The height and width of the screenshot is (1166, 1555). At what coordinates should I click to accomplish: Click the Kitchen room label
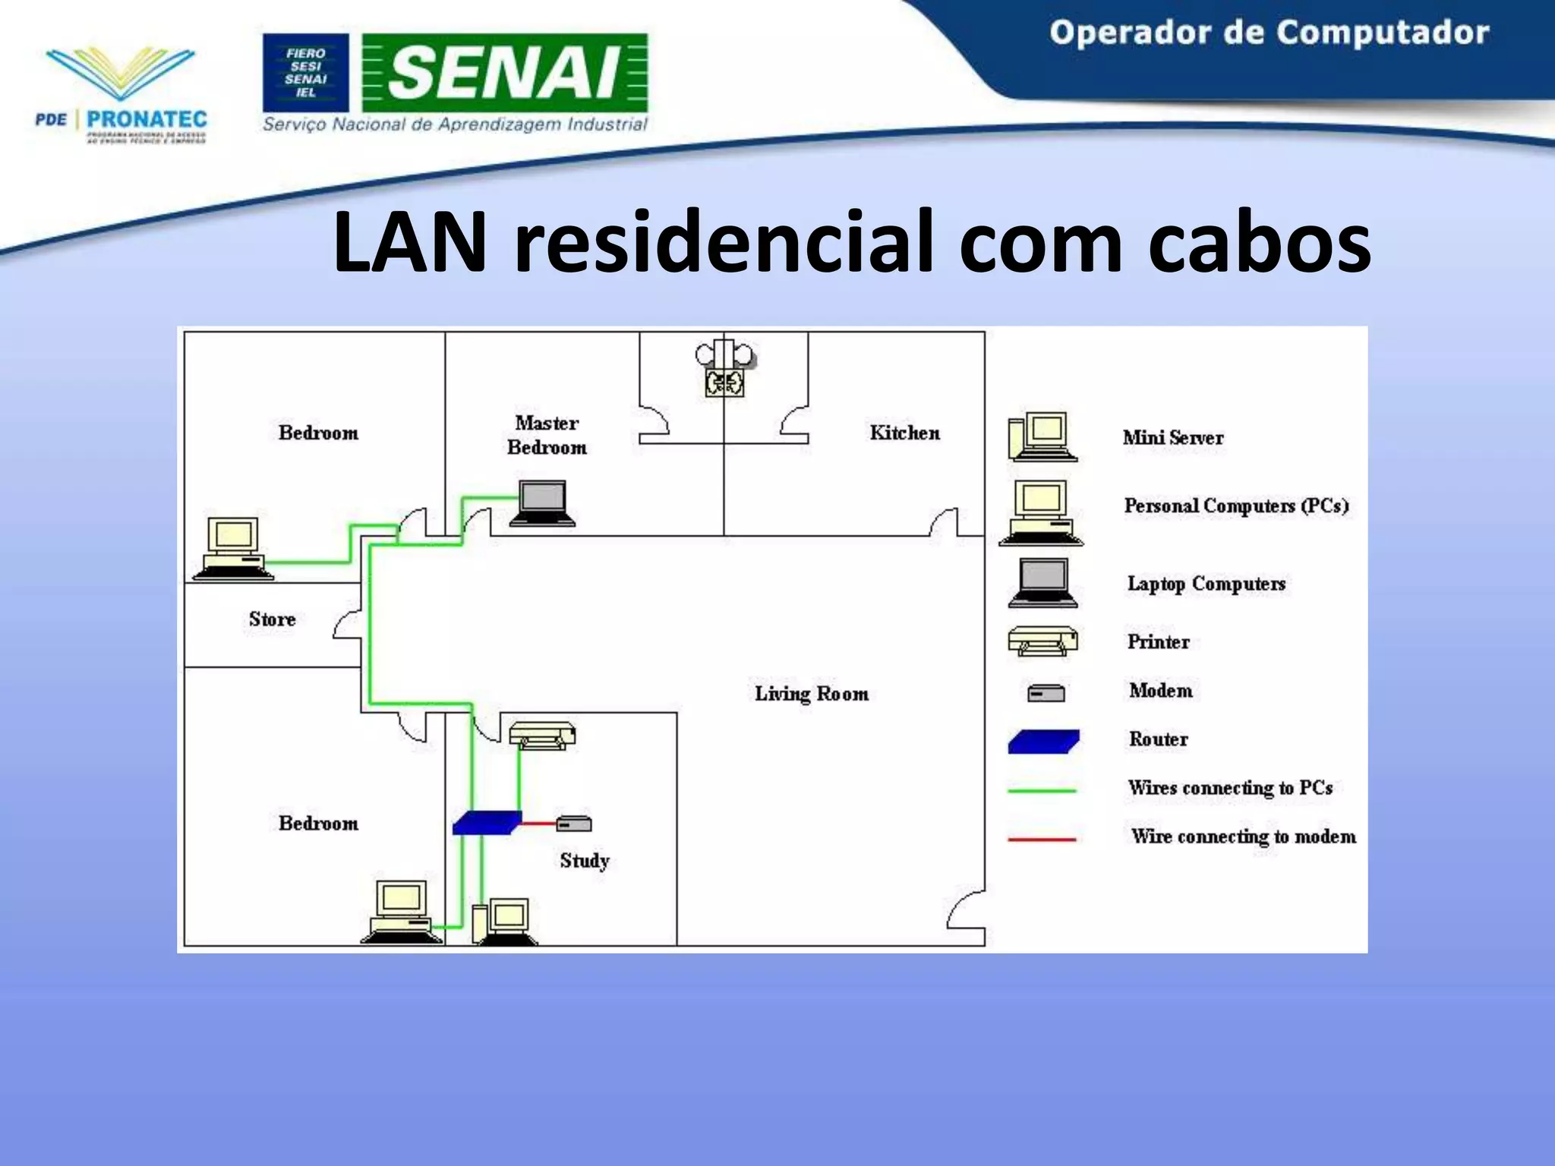pos(904,433)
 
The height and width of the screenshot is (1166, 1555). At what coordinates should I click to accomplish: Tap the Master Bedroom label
pos(547,435)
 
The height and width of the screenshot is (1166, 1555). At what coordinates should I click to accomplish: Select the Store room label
pos(272,619)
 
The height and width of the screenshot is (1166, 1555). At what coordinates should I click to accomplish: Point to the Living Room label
pos(811,693)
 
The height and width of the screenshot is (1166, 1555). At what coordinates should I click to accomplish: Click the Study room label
pos(585,860)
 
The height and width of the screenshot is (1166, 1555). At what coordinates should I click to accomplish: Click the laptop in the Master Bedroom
pos(542,503)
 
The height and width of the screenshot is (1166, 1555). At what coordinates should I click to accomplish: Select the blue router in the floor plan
pos(487,823)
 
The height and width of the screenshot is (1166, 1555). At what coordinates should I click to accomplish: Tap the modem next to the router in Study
pos(574,823)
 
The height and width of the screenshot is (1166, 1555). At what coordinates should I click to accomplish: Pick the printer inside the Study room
pos(542,735)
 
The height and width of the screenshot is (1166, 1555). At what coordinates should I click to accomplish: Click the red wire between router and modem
pos(538,823)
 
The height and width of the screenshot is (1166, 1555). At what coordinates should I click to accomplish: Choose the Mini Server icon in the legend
pos(1042,437)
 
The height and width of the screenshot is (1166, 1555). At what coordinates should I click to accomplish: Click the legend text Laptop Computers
pos(1206,583)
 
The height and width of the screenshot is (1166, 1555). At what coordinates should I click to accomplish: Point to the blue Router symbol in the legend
pos(1043,741)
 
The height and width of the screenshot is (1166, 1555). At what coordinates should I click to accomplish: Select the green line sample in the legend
pos(1042,790)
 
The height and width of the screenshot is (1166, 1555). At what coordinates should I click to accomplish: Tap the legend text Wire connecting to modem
pos(1243,837)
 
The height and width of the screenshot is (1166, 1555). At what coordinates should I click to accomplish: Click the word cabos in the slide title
pos(1259,241)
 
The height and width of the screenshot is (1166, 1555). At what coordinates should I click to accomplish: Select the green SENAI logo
pos(505,73)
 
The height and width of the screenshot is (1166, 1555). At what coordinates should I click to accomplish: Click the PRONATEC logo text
pos(147,119)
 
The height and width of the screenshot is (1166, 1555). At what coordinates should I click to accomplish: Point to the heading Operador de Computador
pos(1269,33)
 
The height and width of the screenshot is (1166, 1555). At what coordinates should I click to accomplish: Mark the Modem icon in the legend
pos(1046,693)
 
